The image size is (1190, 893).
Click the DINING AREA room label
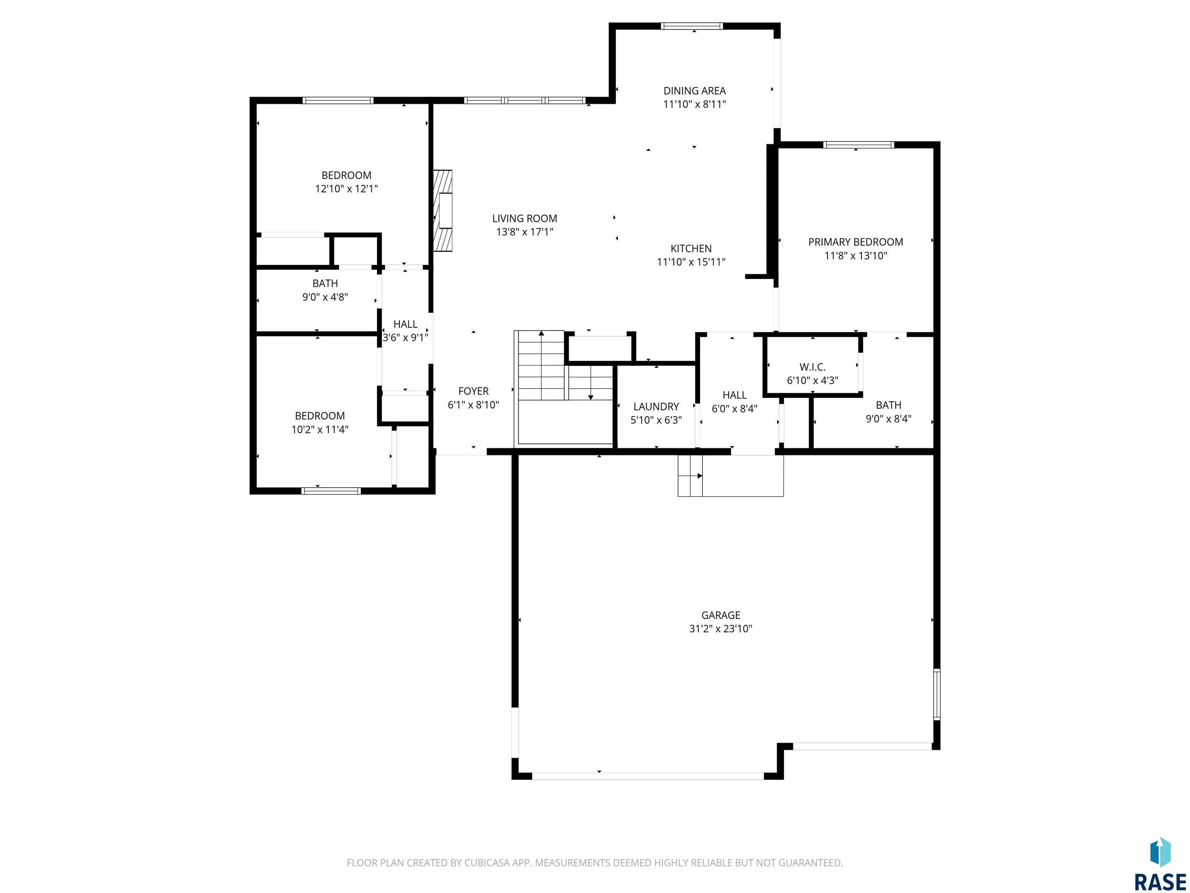tap(694, 91)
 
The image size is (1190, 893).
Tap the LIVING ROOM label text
tap(524, 219)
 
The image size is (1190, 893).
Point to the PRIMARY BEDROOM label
tap(855, 242)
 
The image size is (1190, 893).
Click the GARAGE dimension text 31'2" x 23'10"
tap(721, 629)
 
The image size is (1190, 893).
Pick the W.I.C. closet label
tap(812, 367)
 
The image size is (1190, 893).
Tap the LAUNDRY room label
tap(656, 407)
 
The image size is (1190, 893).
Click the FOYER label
tap(473, 391)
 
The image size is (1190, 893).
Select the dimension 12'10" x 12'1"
tap(346, 189)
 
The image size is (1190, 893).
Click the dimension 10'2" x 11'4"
tap(320, 429)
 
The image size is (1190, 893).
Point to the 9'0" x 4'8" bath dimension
tap(325, 297)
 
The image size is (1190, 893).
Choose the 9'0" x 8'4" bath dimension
tap(888, 419)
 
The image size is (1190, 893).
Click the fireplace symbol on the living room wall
tap(443, 210)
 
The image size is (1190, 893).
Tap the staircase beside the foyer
tap(564, 388)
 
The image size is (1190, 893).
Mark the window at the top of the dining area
tap(691, 26)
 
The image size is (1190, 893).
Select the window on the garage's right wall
tap(937, 695)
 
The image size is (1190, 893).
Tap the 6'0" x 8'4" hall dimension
tap(734, 409)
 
